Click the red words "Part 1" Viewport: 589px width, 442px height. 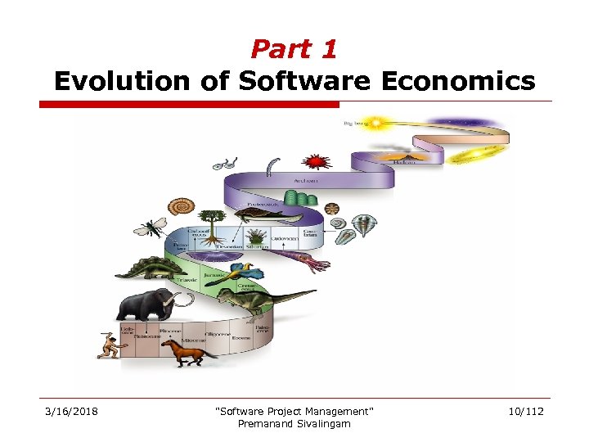pos(294,50)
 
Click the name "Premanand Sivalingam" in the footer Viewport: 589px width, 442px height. pos(294,423)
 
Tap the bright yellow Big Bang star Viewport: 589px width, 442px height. pos(379,124)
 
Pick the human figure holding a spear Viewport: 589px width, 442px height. pos(108,347)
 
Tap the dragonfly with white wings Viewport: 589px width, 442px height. pos(151,225)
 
